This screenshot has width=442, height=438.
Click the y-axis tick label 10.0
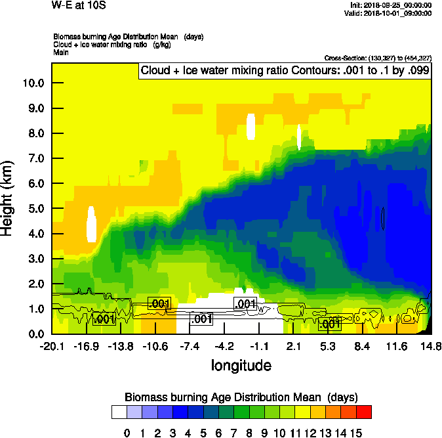pos(33,83)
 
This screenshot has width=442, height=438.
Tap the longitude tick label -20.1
pos(52,346)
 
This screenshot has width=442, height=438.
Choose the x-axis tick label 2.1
pos(293,346)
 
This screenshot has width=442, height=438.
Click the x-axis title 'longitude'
pos(241,365)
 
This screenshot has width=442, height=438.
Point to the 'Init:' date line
pos(391,5)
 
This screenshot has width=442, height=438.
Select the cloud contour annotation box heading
pos(285,71)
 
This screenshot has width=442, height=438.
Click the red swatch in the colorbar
pos(365,412)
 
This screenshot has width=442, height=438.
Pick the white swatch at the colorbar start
pos(119,412)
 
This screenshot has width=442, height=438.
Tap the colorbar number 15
pos(356,433)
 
